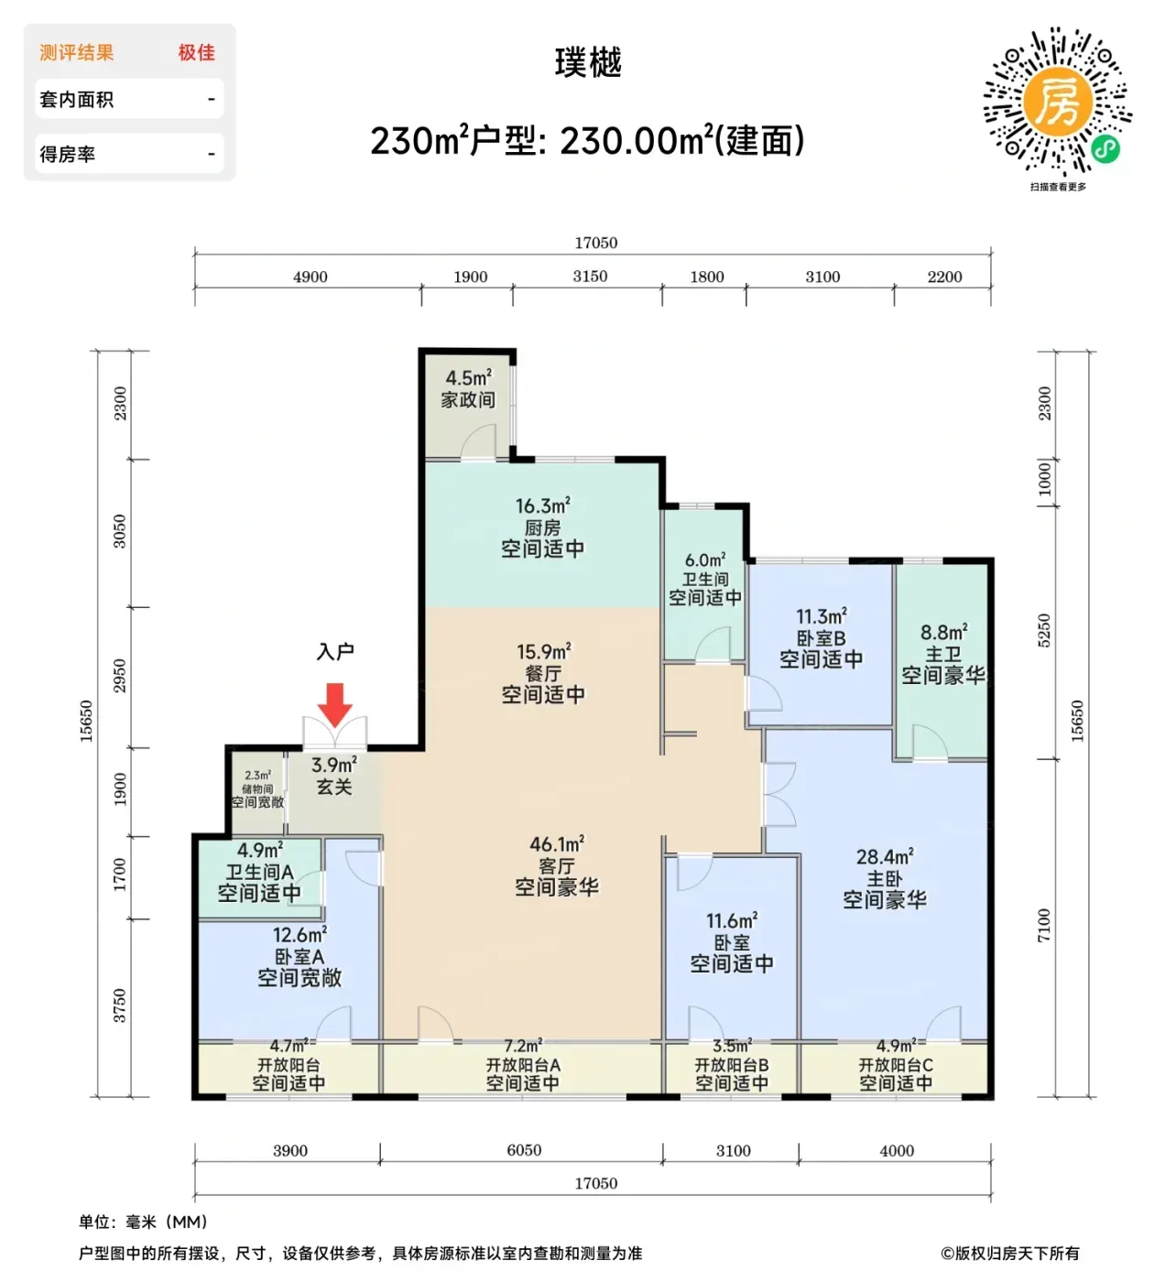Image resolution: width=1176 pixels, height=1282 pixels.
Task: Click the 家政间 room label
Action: click(468, 400)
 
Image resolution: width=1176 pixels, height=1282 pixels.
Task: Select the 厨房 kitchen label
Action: click(543, 527)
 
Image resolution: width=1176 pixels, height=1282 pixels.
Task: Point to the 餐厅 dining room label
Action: click(543, 674)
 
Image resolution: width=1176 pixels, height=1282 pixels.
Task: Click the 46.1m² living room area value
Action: click(557, 844)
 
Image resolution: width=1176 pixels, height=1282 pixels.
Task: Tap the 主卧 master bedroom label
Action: click(885, 879)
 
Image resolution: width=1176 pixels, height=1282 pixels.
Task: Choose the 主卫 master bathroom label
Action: click(944, 655)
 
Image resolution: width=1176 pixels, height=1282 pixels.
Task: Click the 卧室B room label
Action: click(821, 638)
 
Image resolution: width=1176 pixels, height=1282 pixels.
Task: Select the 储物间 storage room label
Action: click(257, 789)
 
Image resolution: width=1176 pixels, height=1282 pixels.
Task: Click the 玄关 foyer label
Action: click(334, 787)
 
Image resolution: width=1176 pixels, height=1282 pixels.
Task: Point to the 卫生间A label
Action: click(259, 873)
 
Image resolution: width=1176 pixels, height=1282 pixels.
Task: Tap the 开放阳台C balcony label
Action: click(896, 1065)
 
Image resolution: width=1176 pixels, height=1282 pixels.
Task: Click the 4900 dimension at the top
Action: click(310, 277)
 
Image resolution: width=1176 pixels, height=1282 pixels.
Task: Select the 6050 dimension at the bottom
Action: click(525, 1150)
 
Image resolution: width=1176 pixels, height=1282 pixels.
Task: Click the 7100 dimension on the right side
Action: click(1043, 925)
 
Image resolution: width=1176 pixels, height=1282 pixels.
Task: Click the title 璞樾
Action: click(588, 62)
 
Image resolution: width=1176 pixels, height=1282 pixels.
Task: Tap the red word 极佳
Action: click(197, 52)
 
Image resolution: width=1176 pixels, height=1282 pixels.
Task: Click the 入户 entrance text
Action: click(335, 652)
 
